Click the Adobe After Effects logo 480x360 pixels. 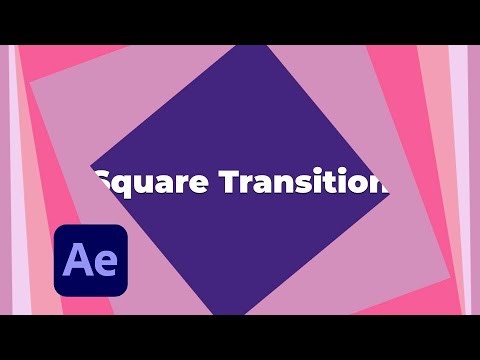pyautogui.click(x=91, y=260)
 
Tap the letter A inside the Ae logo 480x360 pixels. pyautogui.click(x=77, y=261)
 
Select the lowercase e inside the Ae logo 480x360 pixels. pyautogui.click(x=105, y=264)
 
